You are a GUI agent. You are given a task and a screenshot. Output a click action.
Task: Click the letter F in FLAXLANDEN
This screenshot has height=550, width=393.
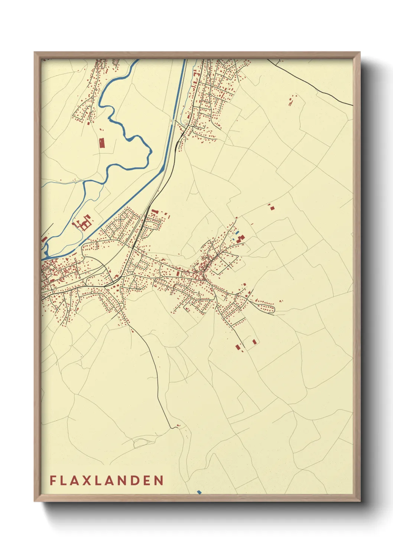[53, 481]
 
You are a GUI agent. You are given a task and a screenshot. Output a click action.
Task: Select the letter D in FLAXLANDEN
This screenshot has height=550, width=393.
[136, 481]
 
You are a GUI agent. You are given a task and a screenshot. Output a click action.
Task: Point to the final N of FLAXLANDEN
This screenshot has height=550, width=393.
[159, 481]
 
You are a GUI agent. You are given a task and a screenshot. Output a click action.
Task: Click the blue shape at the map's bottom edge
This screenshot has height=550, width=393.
[199, 492]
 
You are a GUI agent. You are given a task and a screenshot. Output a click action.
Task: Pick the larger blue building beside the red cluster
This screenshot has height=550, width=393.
[237, 233]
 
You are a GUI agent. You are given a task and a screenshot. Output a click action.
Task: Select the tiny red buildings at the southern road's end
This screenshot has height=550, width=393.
[178, 426]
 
